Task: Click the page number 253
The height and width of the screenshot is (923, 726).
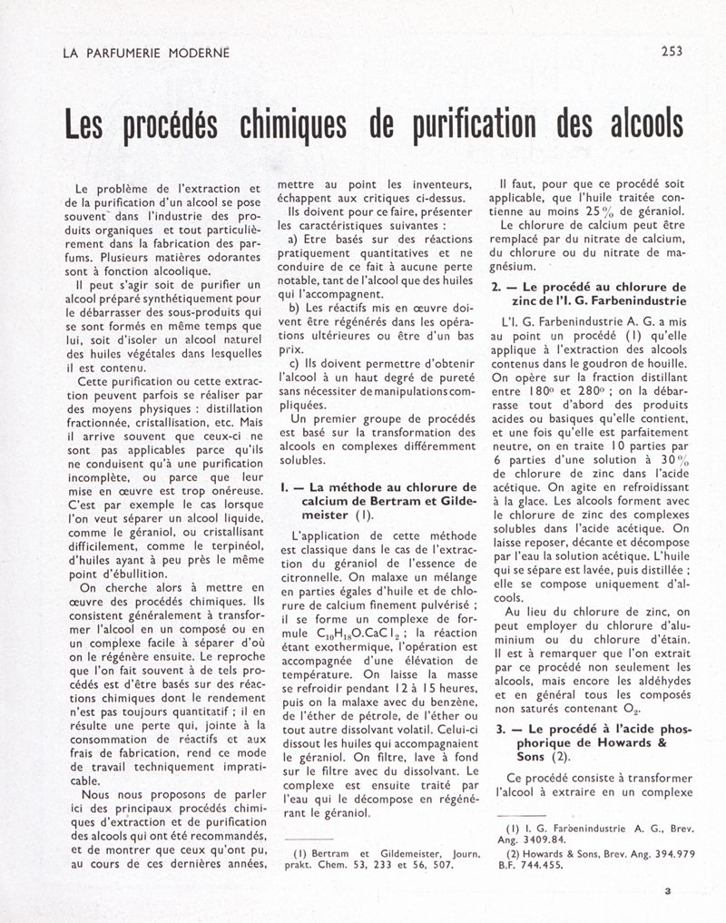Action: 672,52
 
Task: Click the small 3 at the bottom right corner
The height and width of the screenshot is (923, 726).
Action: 667,890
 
